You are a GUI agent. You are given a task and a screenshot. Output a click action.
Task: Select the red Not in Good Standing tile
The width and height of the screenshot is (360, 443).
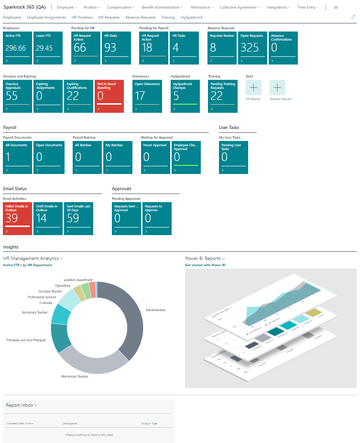[x=109, y=96]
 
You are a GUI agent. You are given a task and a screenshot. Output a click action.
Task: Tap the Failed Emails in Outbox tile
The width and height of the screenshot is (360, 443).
[x=17, y=218]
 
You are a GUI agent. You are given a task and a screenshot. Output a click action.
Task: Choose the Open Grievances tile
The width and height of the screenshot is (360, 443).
[x=147, y=96]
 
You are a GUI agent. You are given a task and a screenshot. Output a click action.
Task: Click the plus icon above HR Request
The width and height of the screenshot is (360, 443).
[x=253, y=87]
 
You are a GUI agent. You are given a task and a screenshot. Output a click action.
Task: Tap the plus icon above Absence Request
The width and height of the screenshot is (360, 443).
[x=277, y=87]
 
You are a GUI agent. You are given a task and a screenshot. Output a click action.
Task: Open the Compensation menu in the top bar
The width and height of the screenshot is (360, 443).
[x=121, y=8]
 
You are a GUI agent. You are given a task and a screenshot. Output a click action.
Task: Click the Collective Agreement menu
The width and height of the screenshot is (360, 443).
[x=240, y=8]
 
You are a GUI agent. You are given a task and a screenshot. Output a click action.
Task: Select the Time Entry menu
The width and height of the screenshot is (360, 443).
[x=308, y=8]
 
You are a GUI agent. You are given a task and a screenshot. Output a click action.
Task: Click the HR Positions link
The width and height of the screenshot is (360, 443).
[x=82, y=17]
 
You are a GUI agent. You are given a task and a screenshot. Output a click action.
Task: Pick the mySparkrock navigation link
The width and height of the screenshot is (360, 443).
[x=192, y=17]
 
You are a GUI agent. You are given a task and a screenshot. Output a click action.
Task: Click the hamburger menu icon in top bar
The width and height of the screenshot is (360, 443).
[x=336, y=8]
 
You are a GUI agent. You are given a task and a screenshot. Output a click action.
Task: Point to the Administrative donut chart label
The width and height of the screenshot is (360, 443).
[x=155, y=310]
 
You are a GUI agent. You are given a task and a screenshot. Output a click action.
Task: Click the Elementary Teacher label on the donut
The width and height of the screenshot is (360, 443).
[x=75, y=376]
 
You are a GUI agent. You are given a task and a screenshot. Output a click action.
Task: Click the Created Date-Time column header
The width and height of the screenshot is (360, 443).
[x=20, y=423]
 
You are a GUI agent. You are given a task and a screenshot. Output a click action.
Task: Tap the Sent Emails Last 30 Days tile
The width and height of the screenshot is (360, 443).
[x=78, y=218]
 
